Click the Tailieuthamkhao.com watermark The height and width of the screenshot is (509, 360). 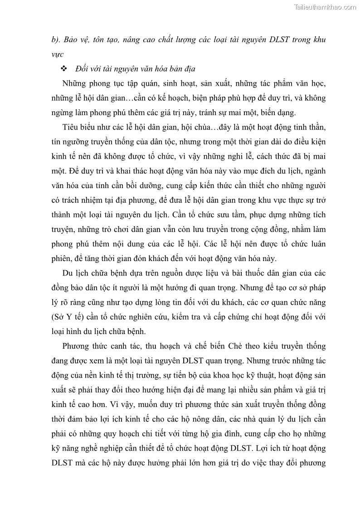click(x=325, y=7)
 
